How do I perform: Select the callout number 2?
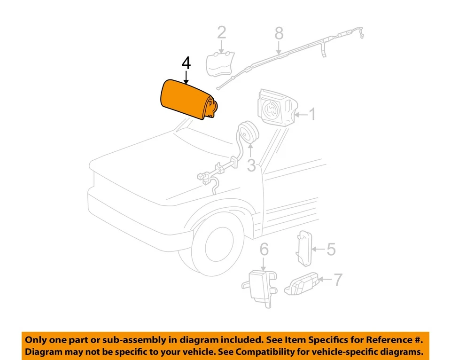(221, 33)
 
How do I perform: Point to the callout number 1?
(312, 114)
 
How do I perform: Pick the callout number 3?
(251, 165)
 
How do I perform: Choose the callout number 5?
(331, 249)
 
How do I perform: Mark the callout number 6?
(264, 250)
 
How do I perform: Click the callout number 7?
(338, 280)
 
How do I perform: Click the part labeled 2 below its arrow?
(221, 64)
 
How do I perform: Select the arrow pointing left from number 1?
(301, 114)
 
